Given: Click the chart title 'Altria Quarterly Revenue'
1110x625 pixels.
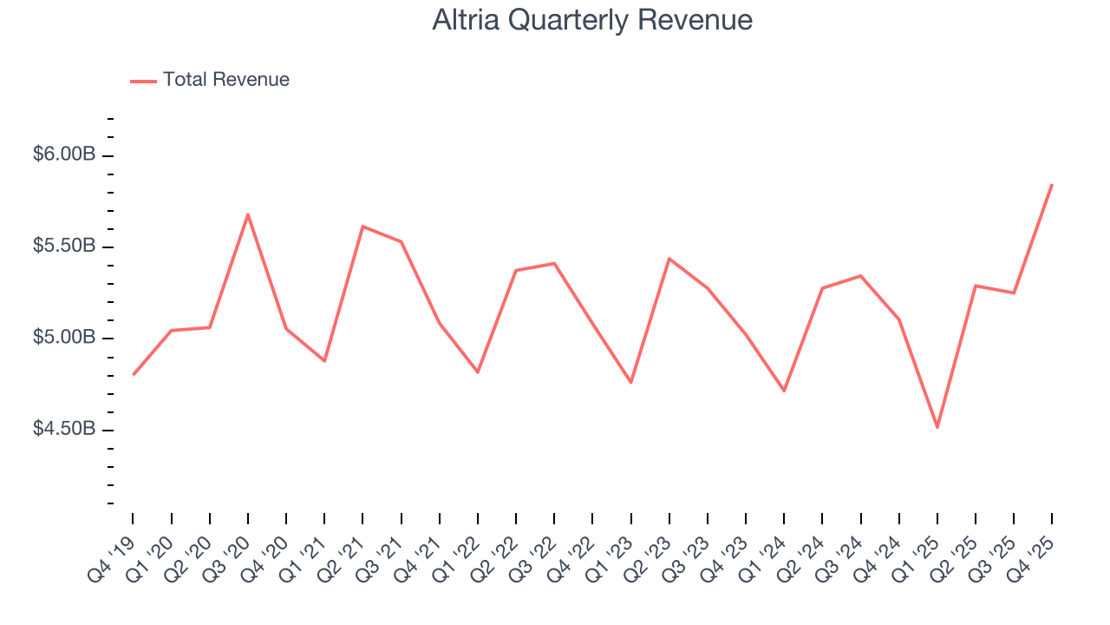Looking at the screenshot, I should pyautogui.click(x=592, y=20).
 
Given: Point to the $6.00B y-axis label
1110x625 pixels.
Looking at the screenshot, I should pyautogui.click(x=63, y=155).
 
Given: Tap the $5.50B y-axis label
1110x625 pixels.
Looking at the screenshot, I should pyautogui.click(x=63, y=246).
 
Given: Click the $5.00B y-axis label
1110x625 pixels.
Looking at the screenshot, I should pyautogui.click(x=63, y=337).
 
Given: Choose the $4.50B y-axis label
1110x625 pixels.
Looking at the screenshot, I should pyautogui.click(x=63, y=429).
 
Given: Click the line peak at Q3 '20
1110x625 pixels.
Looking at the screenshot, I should pyautogui.click(x=248, y=214).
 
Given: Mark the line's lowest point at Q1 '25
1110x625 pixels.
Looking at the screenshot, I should pyautogui.click(x=937, y=427).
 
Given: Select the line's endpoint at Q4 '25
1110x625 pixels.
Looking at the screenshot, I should pyautogui.click(x=1052, y=185).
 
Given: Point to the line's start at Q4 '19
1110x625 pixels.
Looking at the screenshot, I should pyautogui.click(x=134, y=374).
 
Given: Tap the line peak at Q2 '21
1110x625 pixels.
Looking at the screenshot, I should pyautogui.click(x=362, y=227).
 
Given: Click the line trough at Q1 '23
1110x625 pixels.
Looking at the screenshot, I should pyautogui.click(x=630, y=382).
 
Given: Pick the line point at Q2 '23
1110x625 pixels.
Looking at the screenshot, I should pyautogui.click(x=669, y=259).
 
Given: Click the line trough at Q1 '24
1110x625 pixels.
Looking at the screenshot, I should pyautogui.click(x=784, y=391).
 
